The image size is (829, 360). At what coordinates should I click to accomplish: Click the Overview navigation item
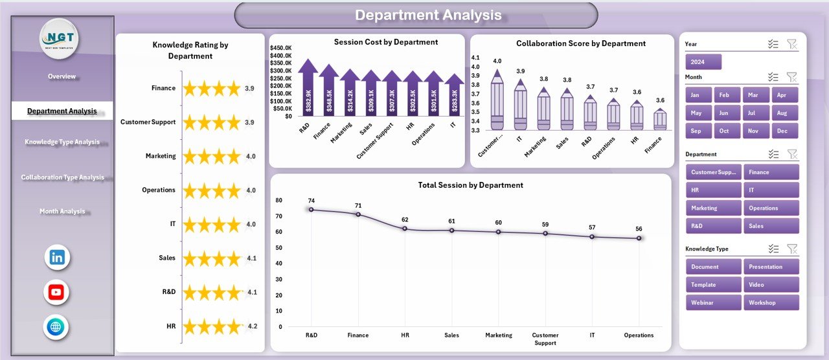62,76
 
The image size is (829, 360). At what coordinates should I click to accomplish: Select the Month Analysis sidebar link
62,211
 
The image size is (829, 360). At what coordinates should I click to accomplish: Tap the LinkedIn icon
56,257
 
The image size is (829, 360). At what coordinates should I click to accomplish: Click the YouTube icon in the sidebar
56,292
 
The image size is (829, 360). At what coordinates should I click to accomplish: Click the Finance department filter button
771,172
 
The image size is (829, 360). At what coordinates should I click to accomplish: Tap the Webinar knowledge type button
713,302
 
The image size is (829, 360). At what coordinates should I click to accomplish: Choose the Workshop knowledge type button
771,302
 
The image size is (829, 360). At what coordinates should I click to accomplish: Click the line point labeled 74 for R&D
312,209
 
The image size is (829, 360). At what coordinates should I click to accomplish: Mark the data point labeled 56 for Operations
639,238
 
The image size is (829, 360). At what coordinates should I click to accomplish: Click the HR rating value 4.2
252,326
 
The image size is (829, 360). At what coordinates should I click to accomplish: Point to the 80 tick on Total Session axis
278,200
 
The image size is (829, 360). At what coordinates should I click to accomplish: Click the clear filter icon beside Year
791,44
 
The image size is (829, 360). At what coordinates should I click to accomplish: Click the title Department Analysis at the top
428,15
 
